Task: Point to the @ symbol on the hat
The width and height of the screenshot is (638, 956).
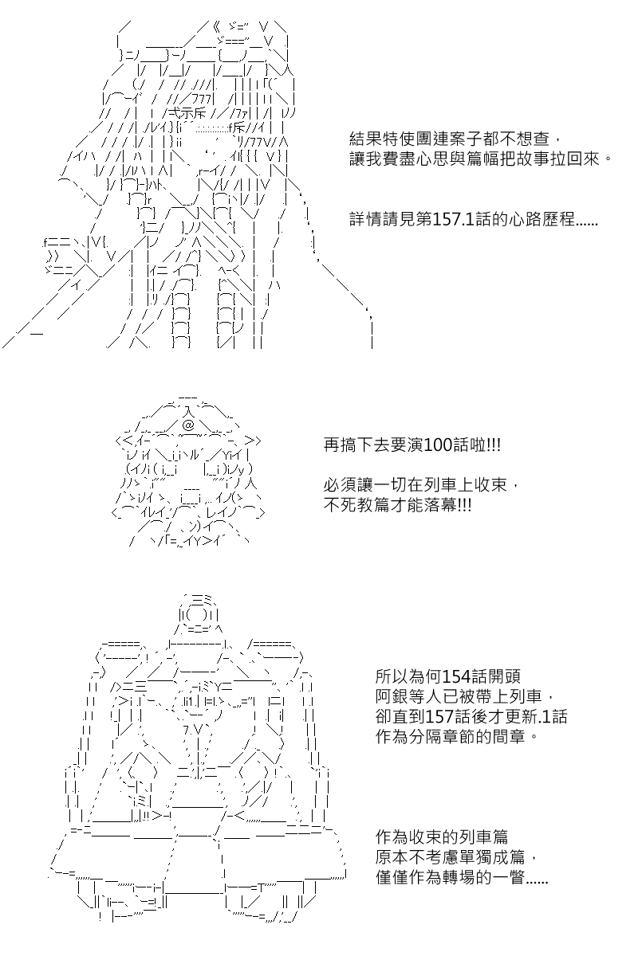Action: (188, 425)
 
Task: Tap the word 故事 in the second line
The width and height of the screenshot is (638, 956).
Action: (533, 159)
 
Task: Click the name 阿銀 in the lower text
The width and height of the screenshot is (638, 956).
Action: (391, 696)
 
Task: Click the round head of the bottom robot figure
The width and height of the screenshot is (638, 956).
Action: (198, 615)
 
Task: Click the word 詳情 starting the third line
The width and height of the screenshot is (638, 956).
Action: (365, 220)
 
